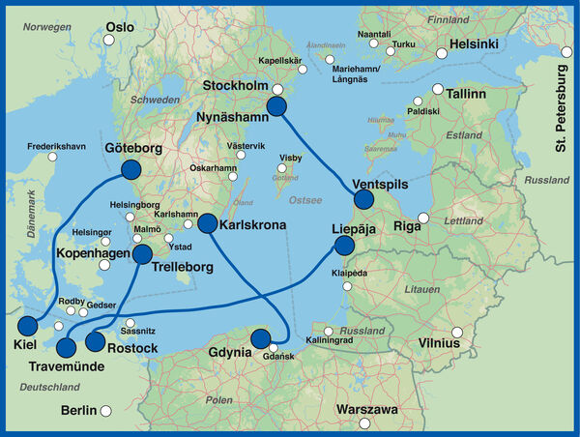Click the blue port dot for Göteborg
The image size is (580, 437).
click(x=131, y=170)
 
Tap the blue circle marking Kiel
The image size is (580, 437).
click(x=28, y=325)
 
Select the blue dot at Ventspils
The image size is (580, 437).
click(x=363, y=199)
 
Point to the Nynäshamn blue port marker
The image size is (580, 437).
click(x=277, y=107)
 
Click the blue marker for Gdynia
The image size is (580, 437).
click(x=260, y=338)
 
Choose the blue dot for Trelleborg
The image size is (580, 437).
click(x=142, y=254)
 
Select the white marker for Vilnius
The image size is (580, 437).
click(x=472, y=335)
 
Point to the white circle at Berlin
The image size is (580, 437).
click(x=107, y=410)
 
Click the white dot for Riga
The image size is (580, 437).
click(x=422, y=218)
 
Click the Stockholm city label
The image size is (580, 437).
click(x=236, y=87)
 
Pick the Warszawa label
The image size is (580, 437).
click(x=366, y=410)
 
